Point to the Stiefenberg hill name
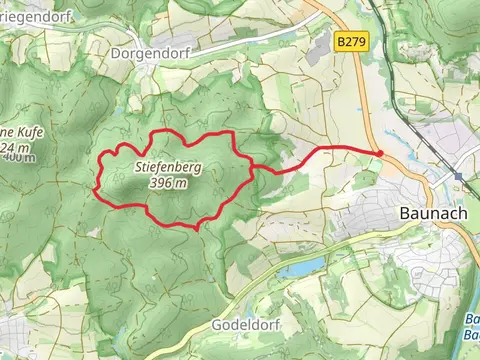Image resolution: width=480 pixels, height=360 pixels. (167, 169)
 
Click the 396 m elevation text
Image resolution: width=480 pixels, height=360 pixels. (167, 184)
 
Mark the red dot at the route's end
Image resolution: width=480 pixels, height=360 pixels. (380, 153)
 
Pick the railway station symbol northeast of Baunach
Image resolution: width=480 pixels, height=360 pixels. (458, 176)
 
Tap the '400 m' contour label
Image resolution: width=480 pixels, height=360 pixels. (18, 157)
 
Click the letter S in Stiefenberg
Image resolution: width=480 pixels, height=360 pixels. (136, 169)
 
